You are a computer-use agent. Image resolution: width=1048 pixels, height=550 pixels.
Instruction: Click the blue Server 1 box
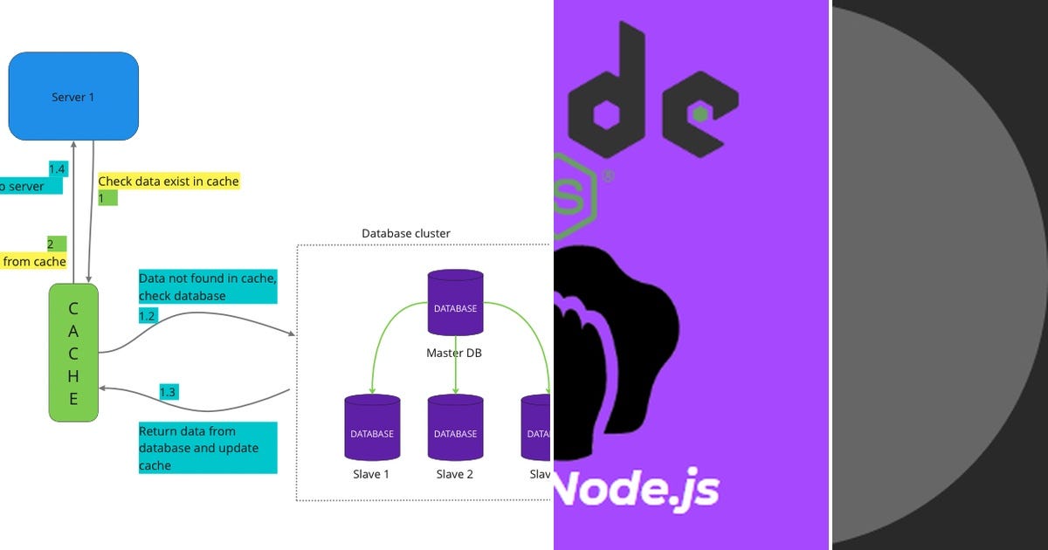73,96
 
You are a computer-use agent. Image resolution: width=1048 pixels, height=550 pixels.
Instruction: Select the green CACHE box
73,353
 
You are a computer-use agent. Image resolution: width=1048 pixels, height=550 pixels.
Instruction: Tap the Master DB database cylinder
455,304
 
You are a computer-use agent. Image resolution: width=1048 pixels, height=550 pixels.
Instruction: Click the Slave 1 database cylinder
372,428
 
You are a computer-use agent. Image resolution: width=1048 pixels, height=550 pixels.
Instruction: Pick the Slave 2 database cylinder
455,428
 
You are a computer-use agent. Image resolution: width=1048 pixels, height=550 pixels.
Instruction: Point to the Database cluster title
406,233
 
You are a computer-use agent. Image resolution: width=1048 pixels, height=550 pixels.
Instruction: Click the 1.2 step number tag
148,316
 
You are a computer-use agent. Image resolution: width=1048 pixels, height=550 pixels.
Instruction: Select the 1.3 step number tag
168,393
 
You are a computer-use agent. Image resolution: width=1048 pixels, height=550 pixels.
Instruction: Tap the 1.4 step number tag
58,168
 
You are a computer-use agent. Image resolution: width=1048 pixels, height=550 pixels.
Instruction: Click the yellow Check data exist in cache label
169,182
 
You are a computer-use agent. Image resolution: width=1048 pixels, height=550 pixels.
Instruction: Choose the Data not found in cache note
208,286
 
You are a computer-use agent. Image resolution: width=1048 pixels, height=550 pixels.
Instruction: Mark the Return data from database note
208,448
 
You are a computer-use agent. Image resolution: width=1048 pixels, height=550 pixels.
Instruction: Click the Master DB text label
454,353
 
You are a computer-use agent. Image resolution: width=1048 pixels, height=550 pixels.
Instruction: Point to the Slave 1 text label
371,474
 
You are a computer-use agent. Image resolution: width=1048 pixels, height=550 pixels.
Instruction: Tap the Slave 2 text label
455,474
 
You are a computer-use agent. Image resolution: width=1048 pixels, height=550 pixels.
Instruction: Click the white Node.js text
638,490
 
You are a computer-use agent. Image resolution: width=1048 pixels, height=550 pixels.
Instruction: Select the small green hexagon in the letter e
699,113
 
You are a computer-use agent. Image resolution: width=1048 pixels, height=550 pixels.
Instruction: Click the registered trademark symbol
608,175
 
